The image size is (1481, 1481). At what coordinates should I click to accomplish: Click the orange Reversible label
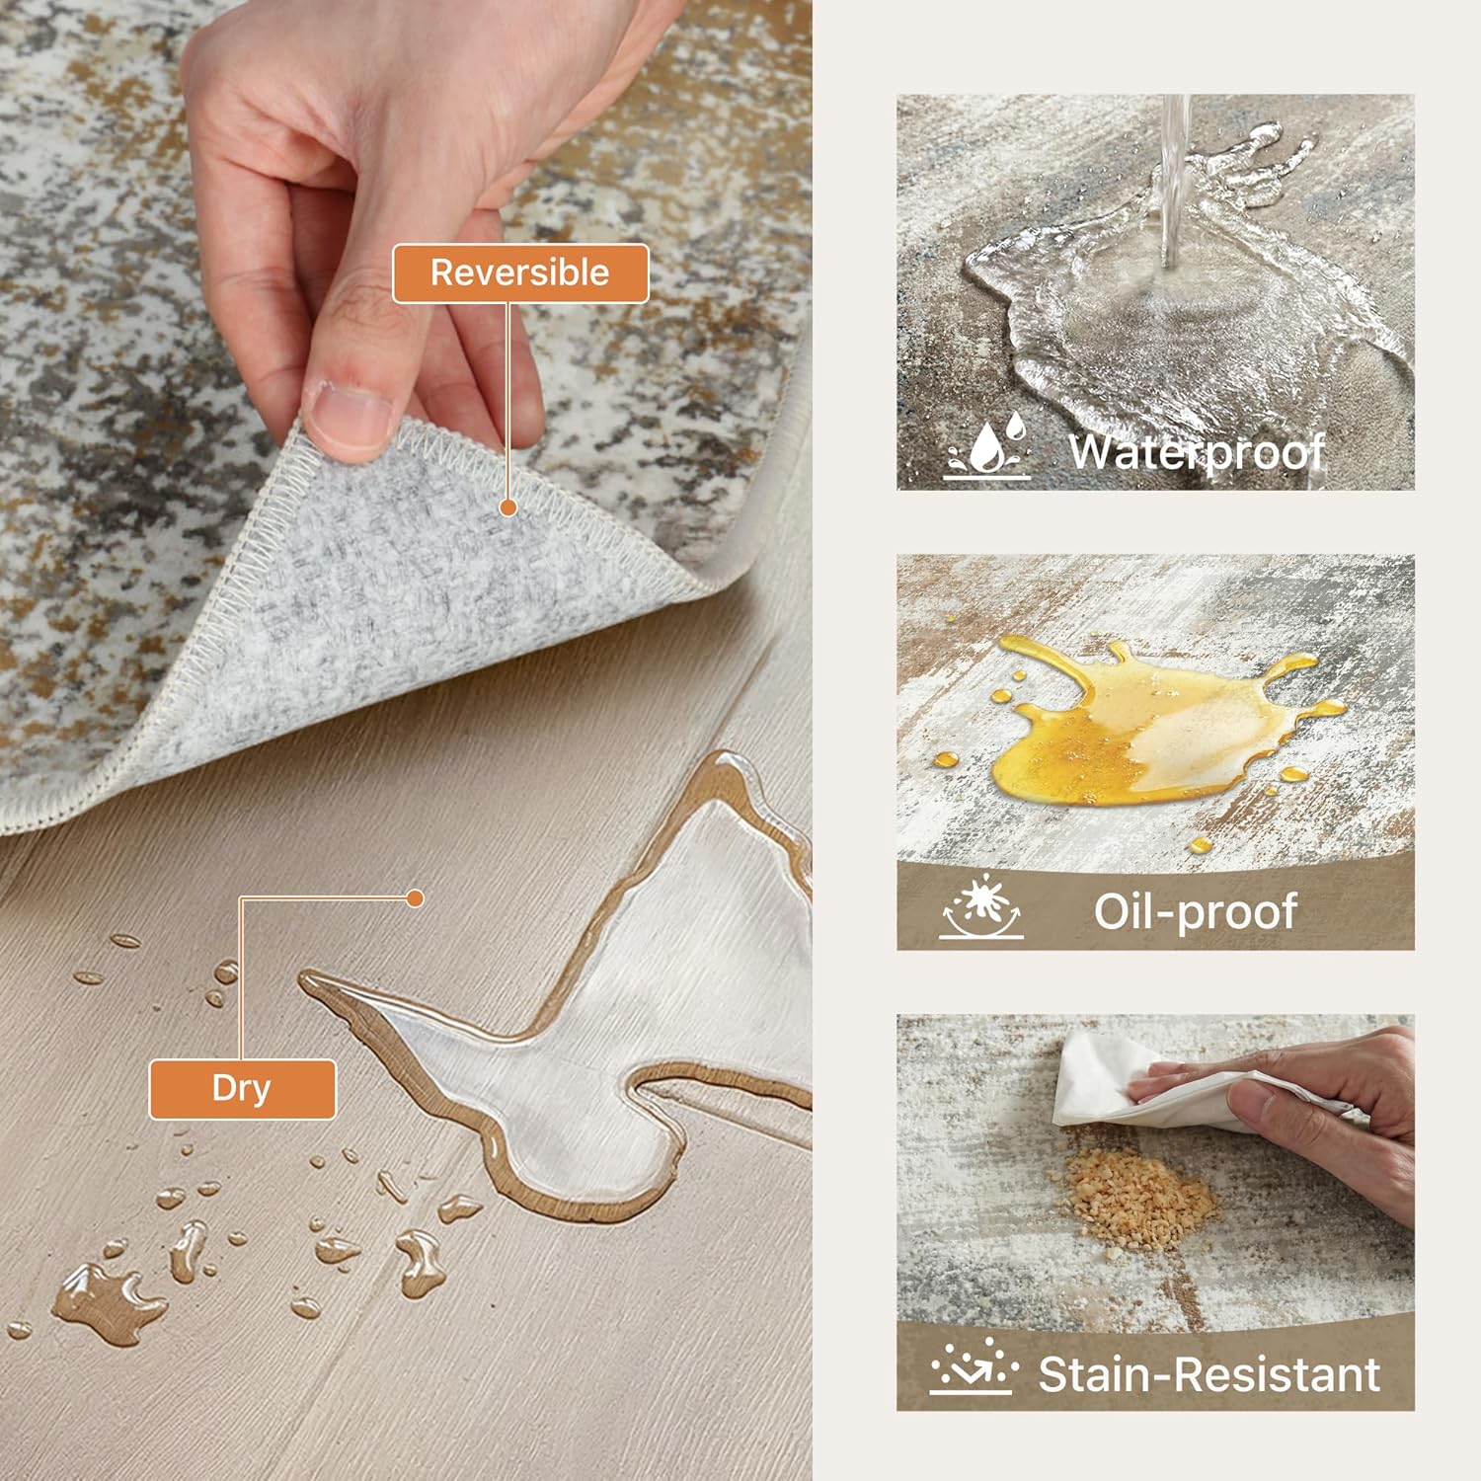pyautogui.click(x=520, y=273)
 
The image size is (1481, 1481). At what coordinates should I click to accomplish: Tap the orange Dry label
pyautogui.click(x=242, y=1088)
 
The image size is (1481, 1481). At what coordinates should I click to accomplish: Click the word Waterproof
pyautogui.click(x=1196, y=452)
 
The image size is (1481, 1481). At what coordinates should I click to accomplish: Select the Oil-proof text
pyautogui.click(x=1195, y=910)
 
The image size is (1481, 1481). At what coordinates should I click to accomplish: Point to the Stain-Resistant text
pyautogui.click(x=1208, y=1373)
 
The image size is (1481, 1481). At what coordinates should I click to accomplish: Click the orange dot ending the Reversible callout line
pyautogui.click(x=508, y=507)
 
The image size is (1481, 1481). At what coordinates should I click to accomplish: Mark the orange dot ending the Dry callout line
pyautogui.click(x=416, y=898)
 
